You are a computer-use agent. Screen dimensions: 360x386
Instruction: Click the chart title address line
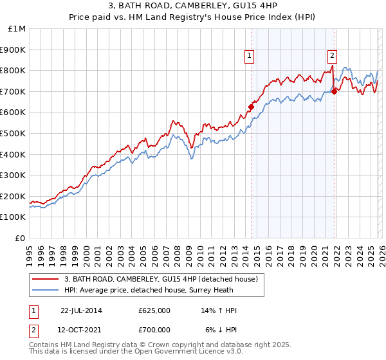(x=193, y=6)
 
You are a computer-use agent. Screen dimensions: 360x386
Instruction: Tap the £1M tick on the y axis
(x=17, y=29)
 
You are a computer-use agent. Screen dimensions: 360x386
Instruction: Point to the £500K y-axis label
(x=14, y=133)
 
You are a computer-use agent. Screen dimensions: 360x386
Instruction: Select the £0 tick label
(x=21, y=238)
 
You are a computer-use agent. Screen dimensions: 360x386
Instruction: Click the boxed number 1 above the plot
(x=250, y=57)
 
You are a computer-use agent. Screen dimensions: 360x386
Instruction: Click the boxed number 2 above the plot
(x=332, y=57)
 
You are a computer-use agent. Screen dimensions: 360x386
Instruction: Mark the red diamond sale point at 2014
(x=251, y=107)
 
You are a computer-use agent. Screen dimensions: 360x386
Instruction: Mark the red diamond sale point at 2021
(x=335, y=91)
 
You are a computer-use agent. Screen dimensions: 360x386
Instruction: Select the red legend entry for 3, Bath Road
(x=161, y=279)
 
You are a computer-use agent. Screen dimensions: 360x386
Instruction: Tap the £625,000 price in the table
(x=154, y=310)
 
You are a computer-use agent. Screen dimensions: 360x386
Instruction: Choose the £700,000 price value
(x=154, y=329)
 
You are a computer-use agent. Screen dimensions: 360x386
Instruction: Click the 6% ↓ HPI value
(x=221, y=329)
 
